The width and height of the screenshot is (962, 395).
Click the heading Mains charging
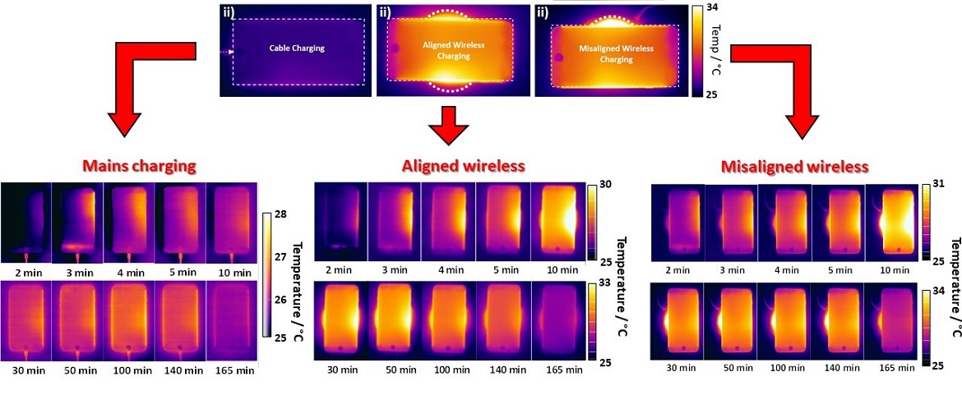(x=140, y=166)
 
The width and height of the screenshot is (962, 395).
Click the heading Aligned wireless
(x=463, y=166)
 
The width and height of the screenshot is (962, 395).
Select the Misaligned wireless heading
(x=794, y=167)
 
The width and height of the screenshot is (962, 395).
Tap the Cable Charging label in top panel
(x=297, y=48)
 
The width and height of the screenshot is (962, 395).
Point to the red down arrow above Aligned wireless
(x=449, y=125)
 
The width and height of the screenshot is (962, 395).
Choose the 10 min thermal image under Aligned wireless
(x=557, y=216)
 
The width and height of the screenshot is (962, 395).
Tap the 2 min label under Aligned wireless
(x=340, y=269)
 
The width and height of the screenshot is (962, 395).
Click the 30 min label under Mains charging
(x=25, y=371)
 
